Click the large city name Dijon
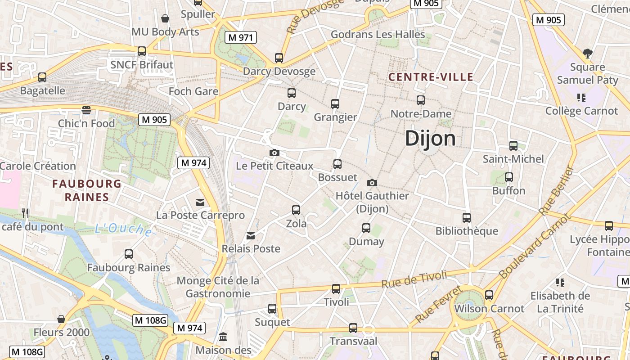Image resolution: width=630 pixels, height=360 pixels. tap(430, 139)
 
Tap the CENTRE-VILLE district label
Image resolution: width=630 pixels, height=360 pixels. tap(431, 77)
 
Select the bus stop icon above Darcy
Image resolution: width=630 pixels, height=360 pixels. tap(292, 93)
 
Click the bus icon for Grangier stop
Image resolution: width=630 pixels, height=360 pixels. tap(335, 104)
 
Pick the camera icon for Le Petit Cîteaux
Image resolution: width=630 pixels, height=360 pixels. tap(274, 153)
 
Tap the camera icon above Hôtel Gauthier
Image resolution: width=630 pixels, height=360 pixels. tap(372, 183)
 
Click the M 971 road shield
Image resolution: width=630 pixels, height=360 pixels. tap(241, 38)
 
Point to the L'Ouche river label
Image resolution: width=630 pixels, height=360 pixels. tap(123, 229)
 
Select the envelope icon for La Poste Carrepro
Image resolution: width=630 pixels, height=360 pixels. tap(200, 202)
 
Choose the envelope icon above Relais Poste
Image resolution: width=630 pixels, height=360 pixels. tap(251, 236)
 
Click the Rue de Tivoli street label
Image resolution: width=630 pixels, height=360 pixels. tap(414, 279)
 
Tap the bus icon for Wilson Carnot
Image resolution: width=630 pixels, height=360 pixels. tap(489, 296)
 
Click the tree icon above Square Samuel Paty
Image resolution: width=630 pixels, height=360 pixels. tap(587, 54)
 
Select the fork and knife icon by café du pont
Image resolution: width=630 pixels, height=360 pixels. tap(25, 213)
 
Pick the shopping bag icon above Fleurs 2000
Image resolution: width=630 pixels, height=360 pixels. tap(61, 319)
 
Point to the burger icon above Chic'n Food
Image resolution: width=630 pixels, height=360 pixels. tap(86, 110)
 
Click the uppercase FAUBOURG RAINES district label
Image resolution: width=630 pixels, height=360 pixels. tap(87, 190)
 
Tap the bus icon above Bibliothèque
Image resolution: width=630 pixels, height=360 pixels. tap(467, 218)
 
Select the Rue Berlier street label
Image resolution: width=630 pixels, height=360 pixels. tap(557, 190)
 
